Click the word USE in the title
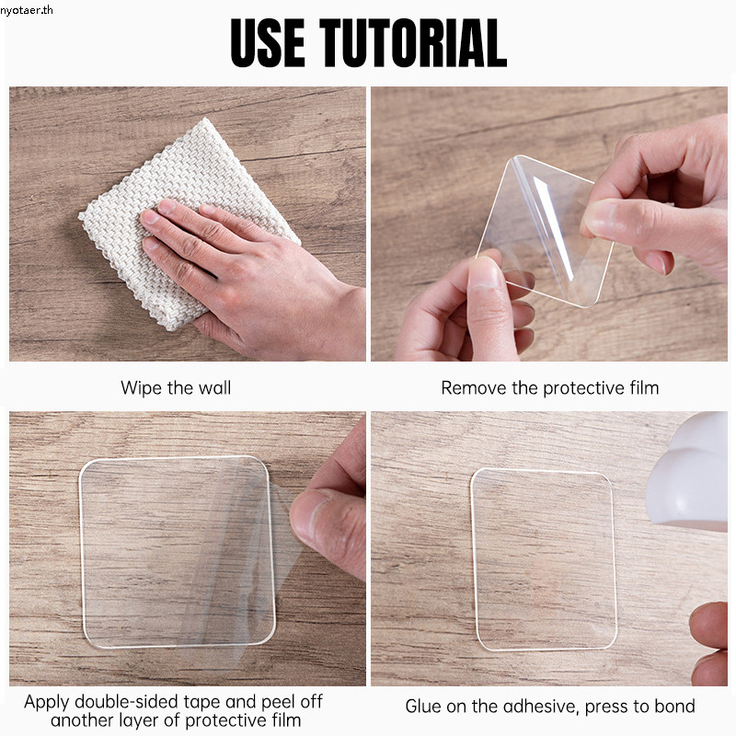click(x=268, y=42)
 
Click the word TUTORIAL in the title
click(x=413, y=42)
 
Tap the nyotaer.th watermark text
click(x=27, y=10)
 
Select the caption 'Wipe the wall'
click(x=176, y=387)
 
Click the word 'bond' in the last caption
click(x=673, y=706)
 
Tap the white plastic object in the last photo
click(x=688, y=472)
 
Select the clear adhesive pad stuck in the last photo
click(x=544, y=559)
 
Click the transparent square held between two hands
click(x=545, y=230)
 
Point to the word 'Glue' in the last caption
click(x=424, y=706)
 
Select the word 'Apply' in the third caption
click(x=47, y=703)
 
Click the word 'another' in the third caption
click(x=82, y=720)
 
